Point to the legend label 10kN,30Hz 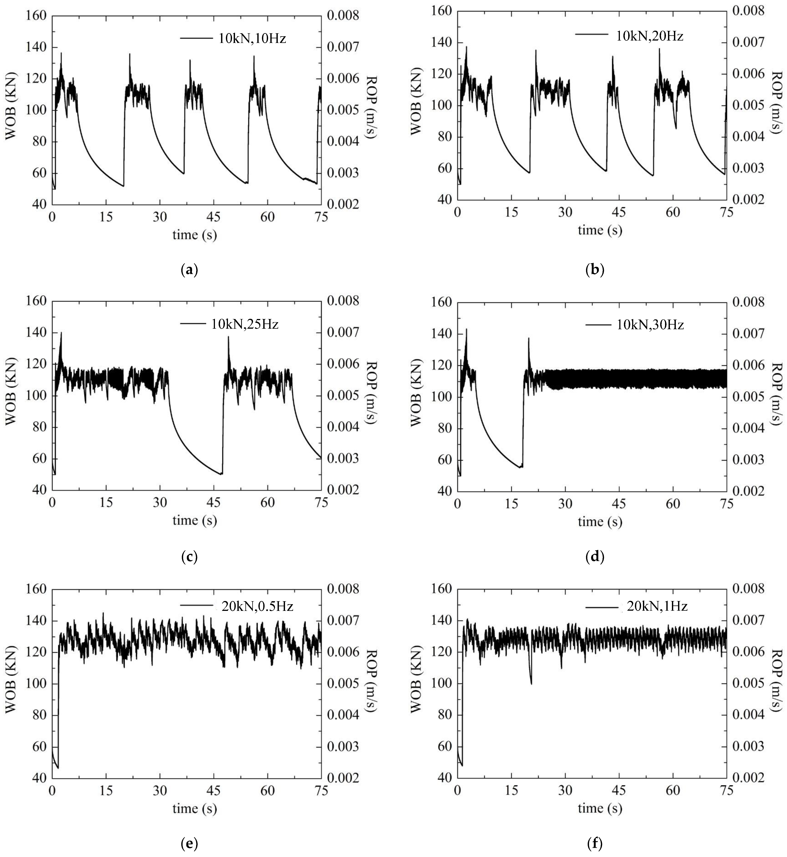[650, 325]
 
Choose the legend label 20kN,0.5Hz [257, 606]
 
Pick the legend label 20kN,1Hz [657, 606]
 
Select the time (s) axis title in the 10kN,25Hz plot [195, 520]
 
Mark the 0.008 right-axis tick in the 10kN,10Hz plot [343, 16]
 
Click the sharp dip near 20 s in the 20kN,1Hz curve [531, 683]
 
